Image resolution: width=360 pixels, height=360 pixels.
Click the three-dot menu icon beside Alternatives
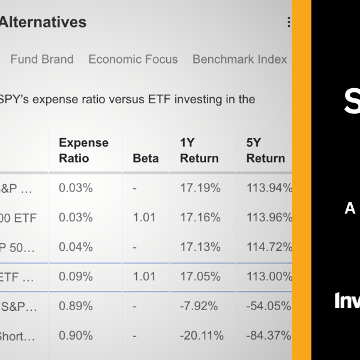pyautogui.click(x=289, y=23)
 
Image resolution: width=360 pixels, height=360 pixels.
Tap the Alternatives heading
pyautogui.click(x=43, y=23)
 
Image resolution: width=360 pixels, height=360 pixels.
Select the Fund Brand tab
pyautogui.click(x=42, y=59)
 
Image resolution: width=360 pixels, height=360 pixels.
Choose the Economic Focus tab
pyautogui.click(x=133, y=59)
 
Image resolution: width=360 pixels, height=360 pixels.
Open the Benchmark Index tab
pyautogui.click(x=239, y=59)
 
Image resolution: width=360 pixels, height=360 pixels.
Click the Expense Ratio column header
pyautogui.click(x=83, y=151)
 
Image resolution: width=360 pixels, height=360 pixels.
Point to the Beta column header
pyautogui.click(x=146, y=158)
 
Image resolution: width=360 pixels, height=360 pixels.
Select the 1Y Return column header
pyautogui.click(x=200, y=151)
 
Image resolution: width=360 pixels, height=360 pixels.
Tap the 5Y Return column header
pyautogui.click(x=265, y=151)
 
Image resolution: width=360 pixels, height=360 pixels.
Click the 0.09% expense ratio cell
pyautogui.click(x=76, y=277)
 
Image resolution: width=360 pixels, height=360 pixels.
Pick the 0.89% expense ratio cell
pyautogui.click(x=76, y=306)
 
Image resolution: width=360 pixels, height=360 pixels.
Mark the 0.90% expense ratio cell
pyautogui.click(x=76, y=335)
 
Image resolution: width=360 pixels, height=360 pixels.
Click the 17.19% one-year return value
pyautogui.click(x=200, y=188)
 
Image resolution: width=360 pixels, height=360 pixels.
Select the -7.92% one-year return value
pyautogui.click(x=200, y=306)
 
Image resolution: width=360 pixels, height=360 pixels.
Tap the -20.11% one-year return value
pyautogui.click(x=203, y=335)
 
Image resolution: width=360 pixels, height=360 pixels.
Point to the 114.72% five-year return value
pyautogui.click(x=269, y=247)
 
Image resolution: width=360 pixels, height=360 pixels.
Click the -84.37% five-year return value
pyautogui.click(x=269, y=335)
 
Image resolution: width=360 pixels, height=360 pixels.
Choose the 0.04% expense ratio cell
pyautogui.click(x=76, y=247)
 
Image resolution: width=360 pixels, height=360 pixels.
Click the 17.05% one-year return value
pyautogui.click(x=200, y=277)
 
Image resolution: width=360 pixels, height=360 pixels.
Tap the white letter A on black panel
pyautogui.click(x=350, y=208)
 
